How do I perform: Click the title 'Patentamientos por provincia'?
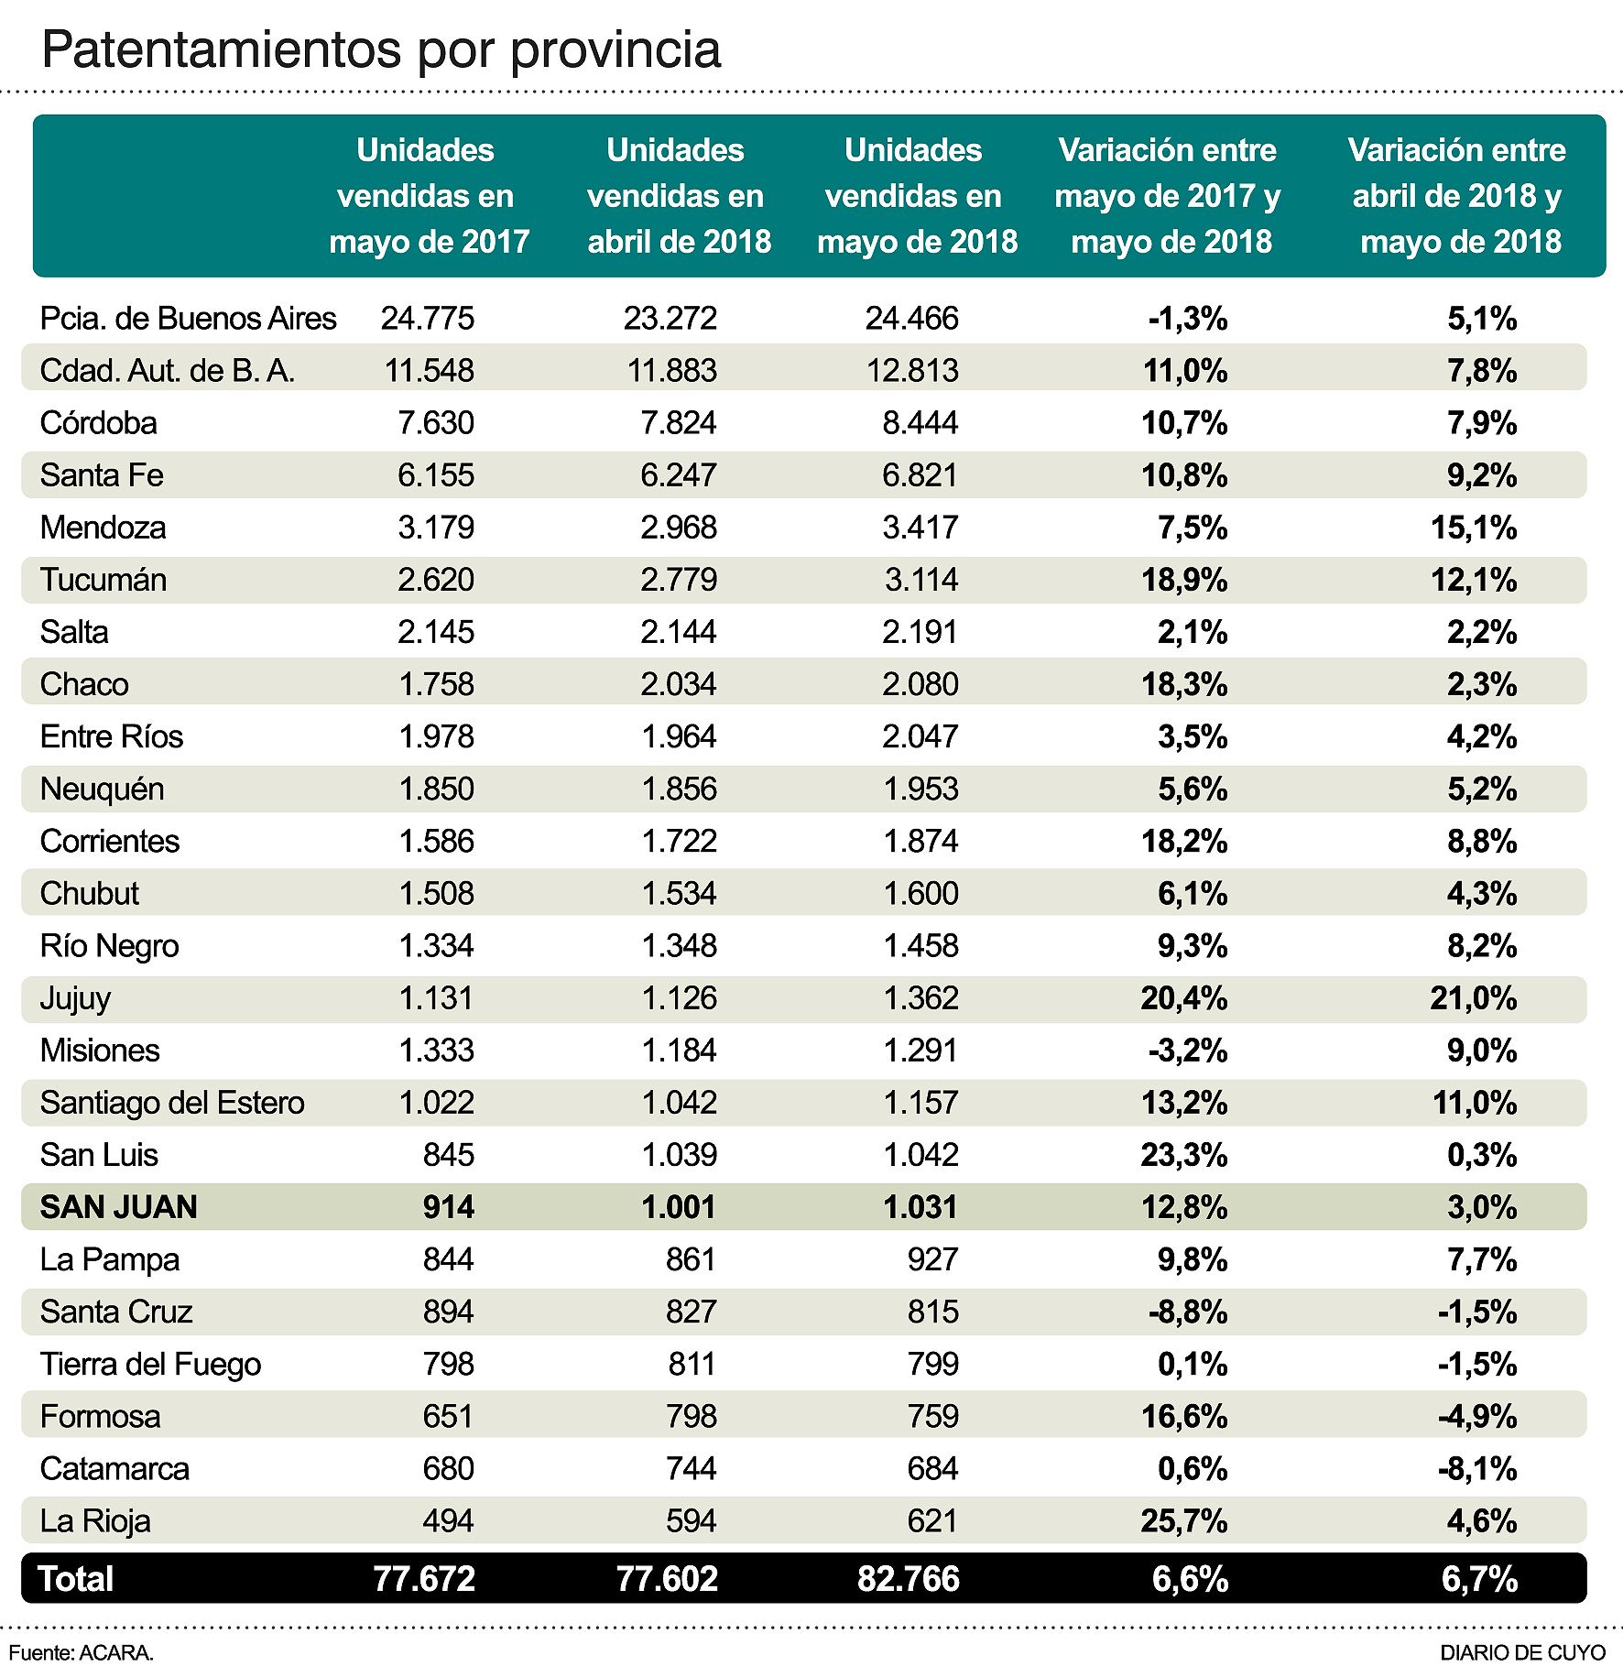(381, 50)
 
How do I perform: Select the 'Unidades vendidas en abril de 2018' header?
(678, 196)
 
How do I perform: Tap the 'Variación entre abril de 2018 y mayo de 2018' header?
(1456, 196)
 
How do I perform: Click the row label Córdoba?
(99, 423)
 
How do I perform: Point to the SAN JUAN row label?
(118, 1207)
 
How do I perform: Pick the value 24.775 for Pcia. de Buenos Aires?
(427, 319)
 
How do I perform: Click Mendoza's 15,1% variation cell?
(1473, 528)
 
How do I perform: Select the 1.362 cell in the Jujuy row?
(920, 998)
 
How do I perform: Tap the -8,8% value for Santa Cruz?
(1187, 1312)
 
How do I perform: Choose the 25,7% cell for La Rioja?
(1183, 1521)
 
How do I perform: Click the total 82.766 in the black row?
(908, 1579)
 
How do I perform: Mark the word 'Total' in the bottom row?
(76, 1579)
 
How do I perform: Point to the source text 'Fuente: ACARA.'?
(81, 1653)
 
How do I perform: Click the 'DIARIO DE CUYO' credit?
(1522, 1653)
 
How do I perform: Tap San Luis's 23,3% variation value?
(1183, 1155)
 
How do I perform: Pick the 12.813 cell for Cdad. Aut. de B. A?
(911, 371)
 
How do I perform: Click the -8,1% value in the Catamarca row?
(1476, 1469)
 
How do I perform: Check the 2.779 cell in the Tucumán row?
(678, 580)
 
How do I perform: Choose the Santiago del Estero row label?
(172, 1103)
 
